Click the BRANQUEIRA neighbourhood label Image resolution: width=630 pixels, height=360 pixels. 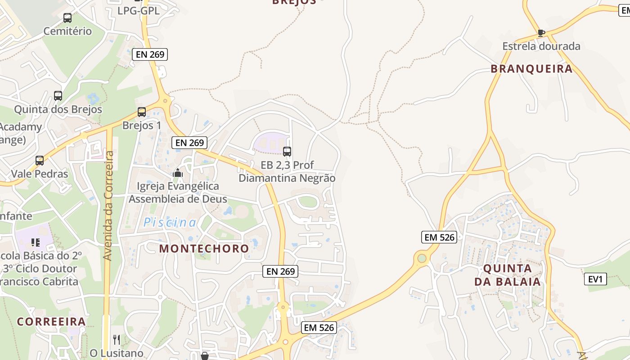tap(531, 69)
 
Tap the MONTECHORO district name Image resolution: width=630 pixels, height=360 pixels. tap(204, 248)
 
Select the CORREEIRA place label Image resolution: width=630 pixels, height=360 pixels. tap(51, 322)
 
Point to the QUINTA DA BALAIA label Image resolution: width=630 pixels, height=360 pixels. tap(507, 275)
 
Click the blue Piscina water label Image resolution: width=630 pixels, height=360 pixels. tap(170, 222)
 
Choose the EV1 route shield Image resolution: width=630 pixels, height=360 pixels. tap(595, 279)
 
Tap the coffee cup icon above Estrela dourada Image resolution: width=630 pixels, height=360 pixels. tap(541, 33)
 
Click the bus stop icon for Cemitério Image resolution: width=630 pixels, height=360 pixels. tap(67, 18)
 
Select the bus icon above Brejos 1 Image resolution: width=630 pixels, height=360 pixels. tap(142, 112)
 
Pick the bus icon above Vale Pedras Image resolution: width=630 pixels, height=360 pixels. tap(40, 161)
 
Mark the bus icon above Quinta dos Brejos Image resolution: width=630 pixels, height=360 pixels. tap(58, 96)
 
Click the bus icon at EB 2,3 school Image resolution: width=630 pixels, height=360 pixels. tap(287, 152)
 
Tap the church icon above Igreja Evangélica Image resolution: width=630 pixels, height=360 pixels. tap(178, 173)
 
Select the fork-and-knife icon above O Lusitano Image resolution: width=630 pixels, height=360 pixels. tap(117, 339)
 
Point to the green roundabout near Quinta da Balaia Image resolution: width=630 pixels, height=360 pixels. tap(422, 258)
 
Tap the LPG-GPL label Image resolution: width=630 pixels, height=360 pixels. tap(139, 11)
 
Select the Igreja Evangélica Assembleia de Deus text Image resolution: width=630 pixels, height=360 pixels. tap(178, 193)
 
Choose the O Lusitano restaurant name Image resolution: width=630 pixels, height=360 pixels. tap(117, 353)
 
